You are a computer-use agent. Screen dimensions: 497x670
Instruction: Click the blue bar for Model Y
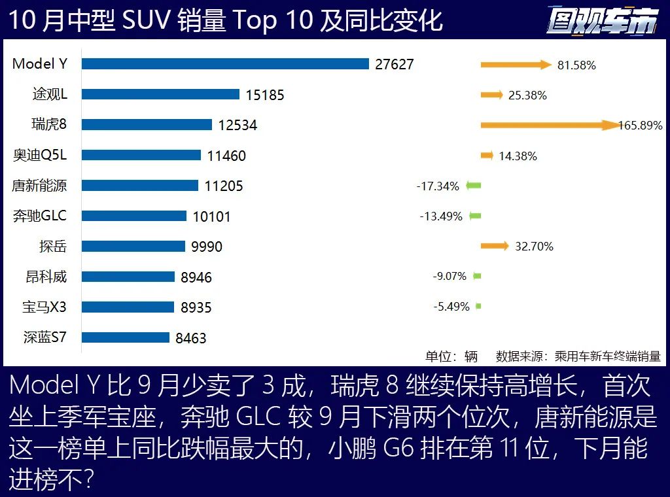[226, 64]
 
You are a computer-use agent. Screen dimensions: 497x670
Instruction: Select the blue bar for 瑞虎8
[147, 125]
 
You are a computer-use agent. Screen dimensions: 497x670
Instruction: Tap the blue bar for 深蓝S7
[126, 337]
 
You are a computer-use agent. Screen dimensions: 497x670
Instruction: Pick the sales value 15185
[265, 95]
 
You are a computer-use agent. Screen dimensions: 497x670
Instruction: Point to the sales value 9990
[207, 247]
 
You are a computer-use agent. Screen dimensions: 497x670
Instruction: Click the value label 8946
[196, 277]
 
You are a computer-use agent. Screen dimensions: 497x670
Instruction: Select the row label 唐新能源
[39, 186]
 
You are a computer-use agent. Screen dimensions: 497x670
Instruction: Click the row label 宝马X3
[44, 307]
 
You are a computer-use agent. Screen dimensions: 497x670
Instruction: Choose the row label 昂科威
[46, 277]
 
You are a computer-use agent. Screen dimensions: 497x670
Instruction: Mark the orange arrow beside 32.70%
[495, 246]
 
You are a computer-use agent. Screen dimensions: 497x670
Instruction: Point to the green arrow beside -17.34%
[474, 186]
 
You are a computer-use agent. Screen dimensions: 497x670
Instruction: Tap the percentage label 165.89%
[641, 125]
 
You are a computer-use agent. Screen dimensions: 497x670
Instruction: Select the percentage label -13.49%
[441, 216]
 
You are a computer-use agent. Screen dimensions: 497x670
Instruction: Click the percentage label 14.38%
[518, 156]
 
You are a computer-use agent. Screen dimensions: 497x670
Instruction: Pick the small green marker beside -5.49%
[478, 306]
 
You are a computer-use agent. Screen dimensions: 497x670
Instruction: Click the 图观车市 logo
[602, 21]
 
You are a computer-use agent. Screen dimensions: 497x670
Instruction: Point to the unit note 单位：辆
[451, 356]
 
